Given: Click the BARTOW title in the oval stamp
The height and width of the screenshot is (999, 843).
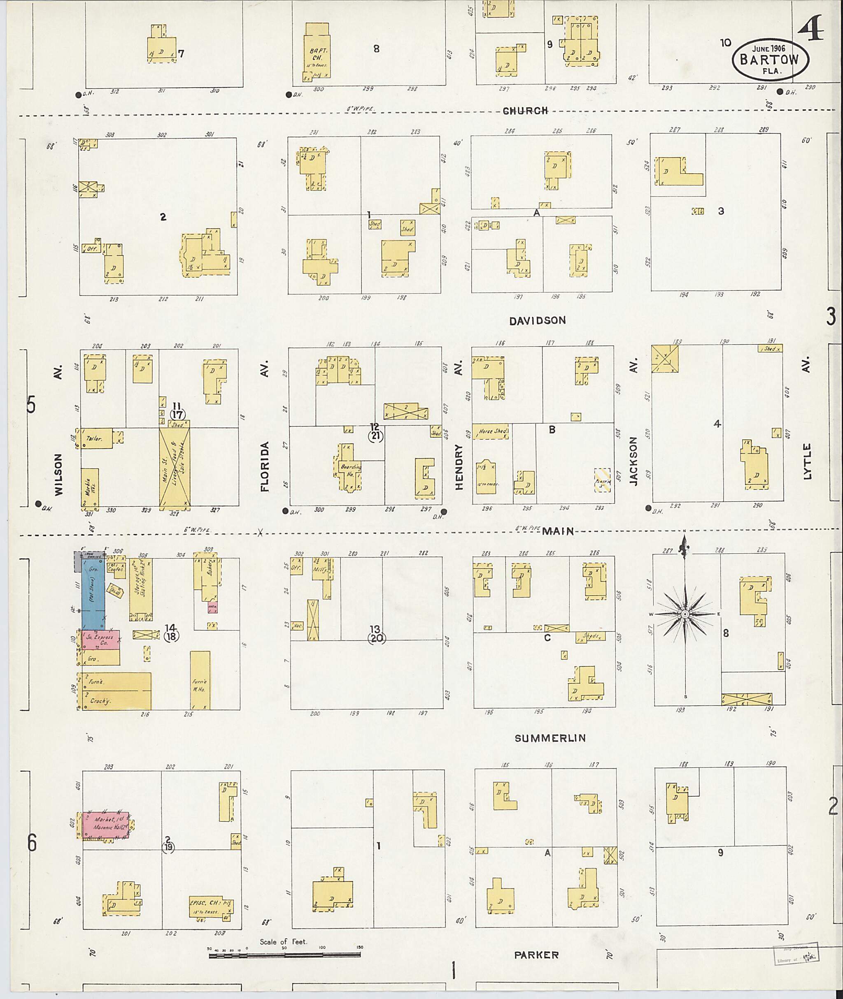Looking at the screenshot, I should click(x=769, y=59).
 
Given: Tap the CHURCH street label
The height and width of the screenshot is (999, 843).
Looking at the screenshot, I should click(x=525, y=110).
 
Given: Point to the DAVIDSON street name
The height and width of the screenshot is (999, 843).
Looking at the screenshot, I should click(x=537, y=320).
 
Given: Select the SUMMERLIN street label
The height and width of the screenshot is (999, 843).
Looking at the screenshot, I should click(x=550, y=738).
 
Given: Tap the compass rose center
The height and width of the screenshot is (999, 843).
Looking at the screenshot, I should click(x=685, y=614).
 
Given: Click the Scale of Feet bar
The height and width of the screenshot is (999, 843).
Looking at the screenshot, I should click(x=284, y=955).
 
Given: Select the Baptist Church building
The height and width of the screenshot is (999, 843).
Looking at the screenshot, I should click(x=317, y=51).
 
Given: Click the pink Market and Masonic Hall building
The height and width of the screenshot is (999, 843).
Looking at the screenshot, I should click(x=106, y=825).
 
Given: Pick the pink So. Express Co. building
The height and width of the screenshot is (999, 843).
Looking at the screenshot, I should click(x=101, y=640).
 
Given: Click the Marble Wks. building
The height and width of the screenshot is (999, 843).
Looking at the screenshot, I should click(x=90, y=487).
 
